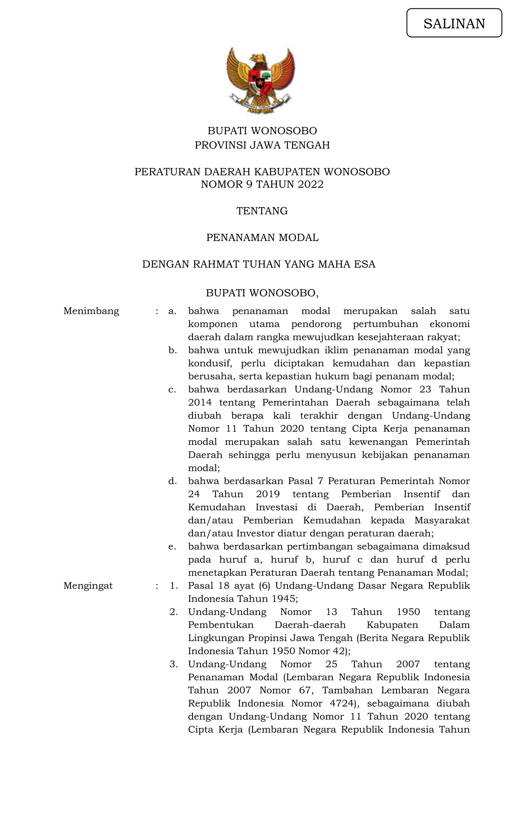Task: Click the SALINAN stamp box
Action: tap(454, 23)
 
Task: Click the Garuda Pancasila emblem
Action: tap(261, 80)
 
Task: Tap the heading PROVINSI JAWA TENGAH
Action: tap(262, 145)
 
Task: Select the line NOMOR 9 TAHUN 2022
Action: tap(262, 184)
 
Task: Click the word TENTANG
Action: tap(262, 211)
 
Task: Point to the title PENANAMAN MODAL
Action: tap(262, 238)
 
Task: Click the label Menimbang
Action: tap(91, 311)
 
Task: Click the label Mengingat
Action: tap(88, 586)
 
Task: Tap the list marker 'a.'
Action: tap(172, 311)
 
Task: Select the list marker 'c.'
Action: tap(172, 390)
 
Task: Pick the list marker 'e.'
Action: tap(172, 547)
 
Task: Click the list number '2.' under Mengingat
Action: tap(174, 612)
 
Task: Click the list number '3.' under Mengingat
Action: tap(174, 664)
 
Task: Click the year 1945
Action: tap(284, 599)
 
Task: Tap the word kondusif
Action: tap(209, 364)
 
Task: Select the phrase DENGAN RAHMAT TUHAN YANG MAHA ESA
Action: tap(259, 264)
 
